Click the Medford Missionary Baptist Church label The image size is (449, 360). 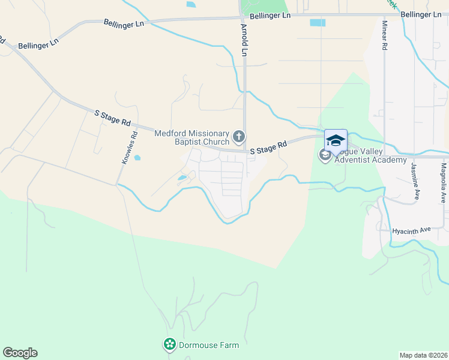pos(192,137)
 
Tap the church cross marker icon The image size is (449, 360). pos(239,137)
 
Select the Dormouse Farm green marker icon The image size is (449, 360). pos(170,344)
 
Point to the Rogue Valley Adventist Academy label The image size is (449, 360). pos(370,155)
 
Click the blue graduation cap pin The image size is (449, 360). pos(336,140)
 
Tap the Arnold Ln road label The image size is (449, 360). pos(244,40)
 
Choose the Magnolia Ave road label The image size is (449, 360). pos(444,182)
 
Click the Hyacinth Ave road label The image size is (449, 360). pos(412,230)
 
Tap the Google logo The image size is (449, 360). pos(20,353)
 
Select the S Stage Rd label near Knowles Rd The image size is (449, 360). pos(112,117)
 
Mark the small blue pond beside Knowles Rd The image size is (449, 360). pos(137,158)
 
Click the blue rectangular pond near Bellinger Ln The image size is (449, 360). pos(318,23)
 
